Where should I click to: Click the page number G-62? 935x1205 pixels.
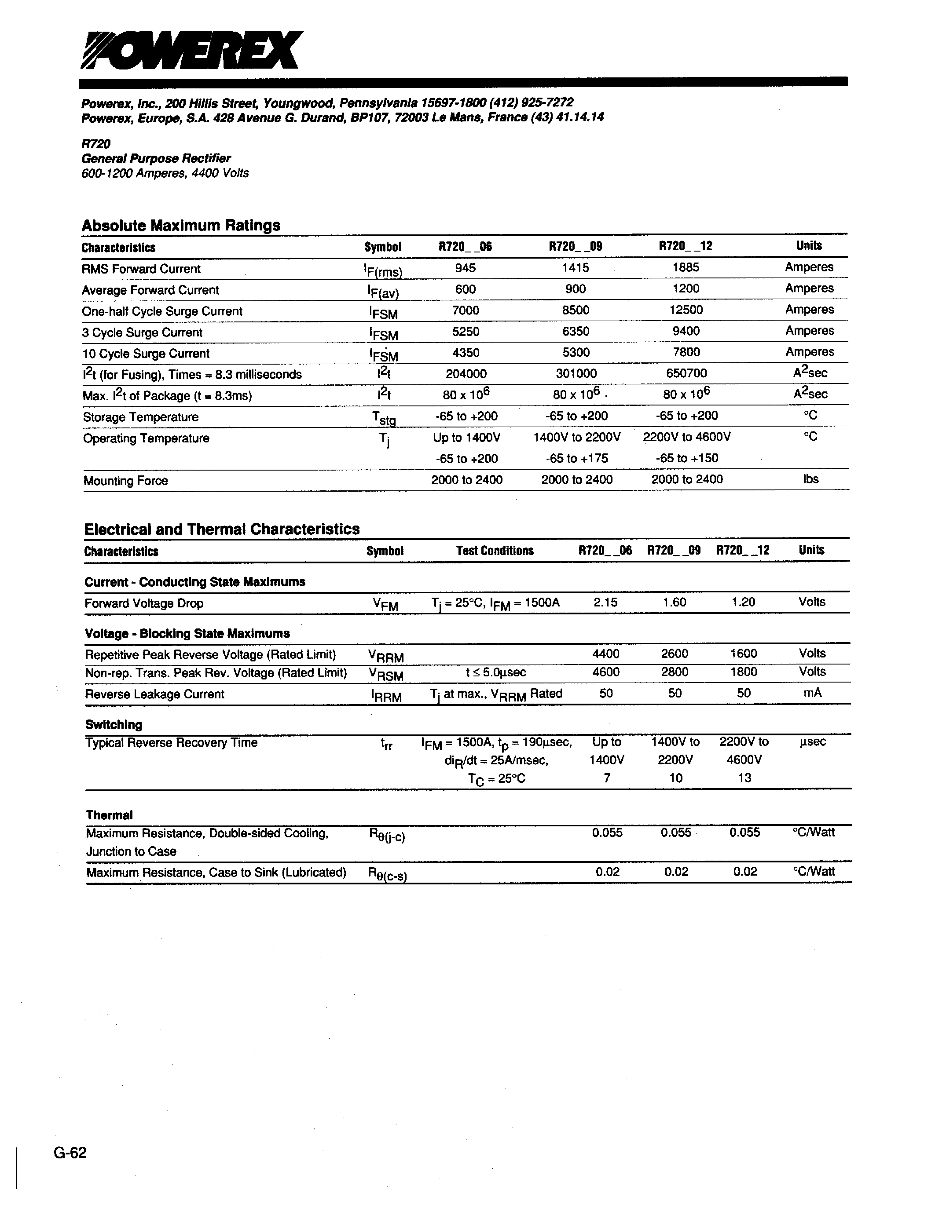coord(70,1153)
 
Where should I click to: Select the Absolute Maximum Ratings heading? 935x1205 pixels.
coord(181,225)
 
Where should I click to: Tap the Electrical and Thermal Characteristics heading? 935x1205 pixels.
coord(222,529)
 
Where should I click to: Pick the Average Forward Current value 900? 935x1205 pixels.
coord(576,288)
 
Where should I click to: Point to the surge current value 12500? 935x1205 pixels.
coord(686,310)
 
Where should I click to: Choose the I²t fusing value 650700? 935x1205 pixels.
coord(686,373)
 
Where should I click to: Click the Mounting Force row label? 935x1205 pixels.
coord(126,481)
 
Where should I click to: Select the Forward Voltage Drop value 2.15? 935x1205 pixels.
coord(605,602)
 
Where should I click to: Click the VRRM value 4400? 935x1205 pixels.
coord(605,654)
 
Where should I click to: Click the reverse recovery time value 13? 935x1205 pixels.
coord(744,778)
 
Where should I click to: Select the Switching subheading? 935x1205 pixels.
coord(114,724)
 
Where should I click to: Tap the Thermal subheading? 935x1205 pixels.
coord(109,815)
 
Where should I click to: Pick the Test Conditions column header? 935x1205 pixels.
coord(495,551)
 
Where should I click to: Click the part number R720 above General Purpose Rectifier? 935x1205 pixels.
coord(96,143)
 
